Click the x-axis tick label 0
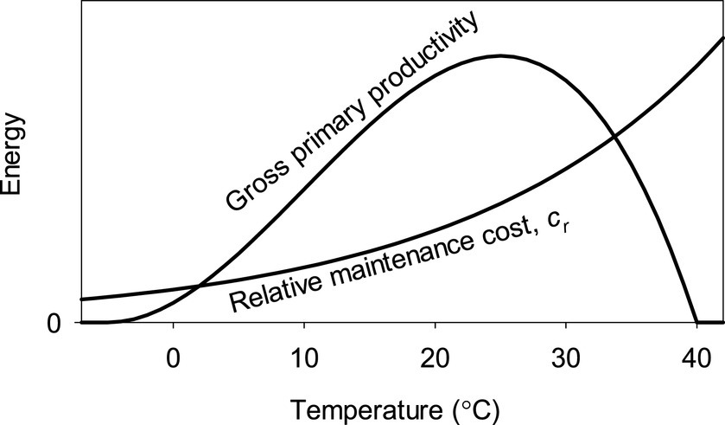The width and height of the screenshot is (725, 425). point(174,357)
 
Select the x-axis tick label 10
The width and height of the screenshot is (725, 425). point(304,357)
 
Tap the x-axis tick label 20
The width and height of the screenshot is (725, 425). point(435,357)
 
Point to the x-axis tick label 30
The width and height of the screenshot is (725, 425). point(565,357)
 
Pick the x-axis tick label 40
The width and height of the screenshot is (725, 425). point(696,357)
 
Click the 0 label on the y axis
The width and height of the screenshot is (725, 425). point(52,323)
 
